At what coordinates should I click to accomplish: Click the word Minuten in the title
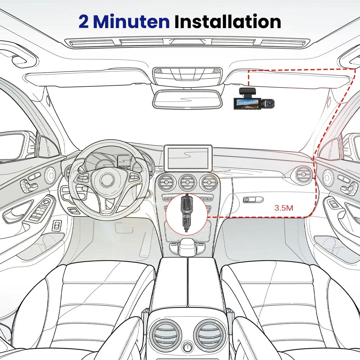pos(131,21)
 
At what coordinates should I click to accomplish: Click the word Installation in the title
pos(228,21)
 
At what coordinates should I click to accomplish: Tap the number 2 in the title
pos(84,22)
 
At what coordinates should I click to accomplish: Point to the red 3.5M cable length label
pos(284,208)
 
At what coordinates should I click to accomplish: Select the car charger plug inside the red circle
pos(186,213)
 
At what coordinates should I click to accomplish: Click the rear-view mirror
pos(188,99)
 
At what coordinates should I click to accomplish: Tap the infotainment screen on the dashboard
pos(188,158)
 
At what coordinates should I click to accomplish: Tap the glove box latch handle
pos(253,199)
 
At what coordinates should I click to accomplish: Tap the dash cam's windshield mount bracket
pos(248,92)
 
